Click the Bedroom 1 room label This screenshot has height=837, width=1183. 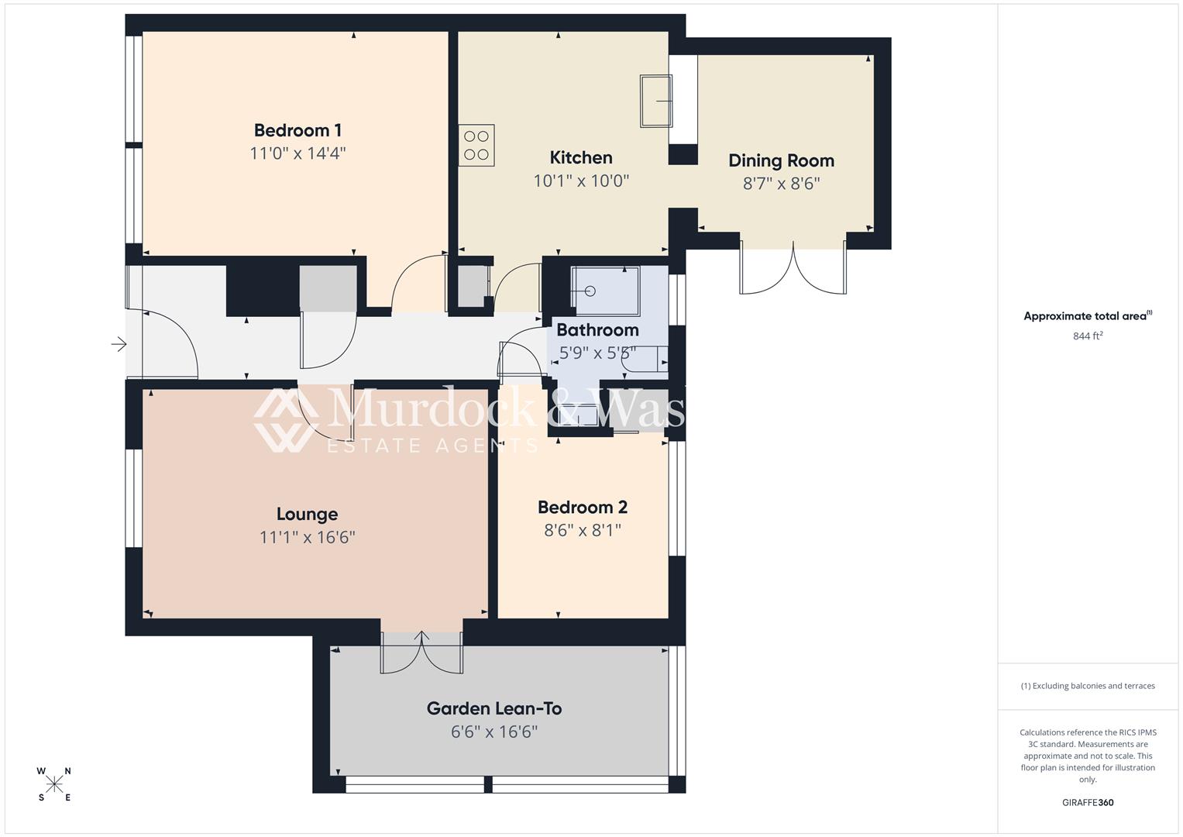(297, 130)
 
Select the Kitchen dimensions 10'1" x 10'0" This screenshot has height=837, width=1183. (581, 181)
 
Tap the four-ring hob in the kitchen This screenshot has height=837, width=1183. (476, 146)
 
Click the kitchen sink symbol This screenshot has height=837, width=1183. (655, 101)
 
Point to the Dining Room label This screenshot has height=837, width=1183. (781, 160)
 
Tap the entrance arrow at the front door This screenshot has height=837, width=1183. (119, 343)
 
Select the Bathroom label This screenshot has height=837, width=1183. (597, 330)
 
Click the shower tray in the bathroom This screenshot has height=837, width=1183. (605, 291)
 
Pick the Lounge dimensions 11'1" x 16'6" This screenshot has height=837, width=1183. (307, 537)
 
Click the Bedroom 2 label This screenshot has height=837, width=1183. (582, 508)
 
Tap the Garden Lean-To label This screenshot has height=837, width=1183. (494, 708)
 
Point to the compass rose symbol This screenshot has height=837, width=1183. (54, 784)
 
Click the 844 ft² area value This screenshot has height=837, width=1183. (1088, 336)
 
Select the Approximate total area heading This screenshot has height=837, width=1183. (1087, 316)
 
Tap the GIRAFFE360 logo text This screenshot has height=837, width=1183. (1088, 802)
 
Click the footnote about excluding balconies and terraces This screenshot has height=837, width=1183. (1088, 686)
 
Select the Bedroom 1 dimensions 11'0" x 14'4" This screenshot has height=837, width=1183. (297, 153)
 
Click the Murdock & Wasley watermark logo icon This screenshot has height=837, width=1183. (285, 419)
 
